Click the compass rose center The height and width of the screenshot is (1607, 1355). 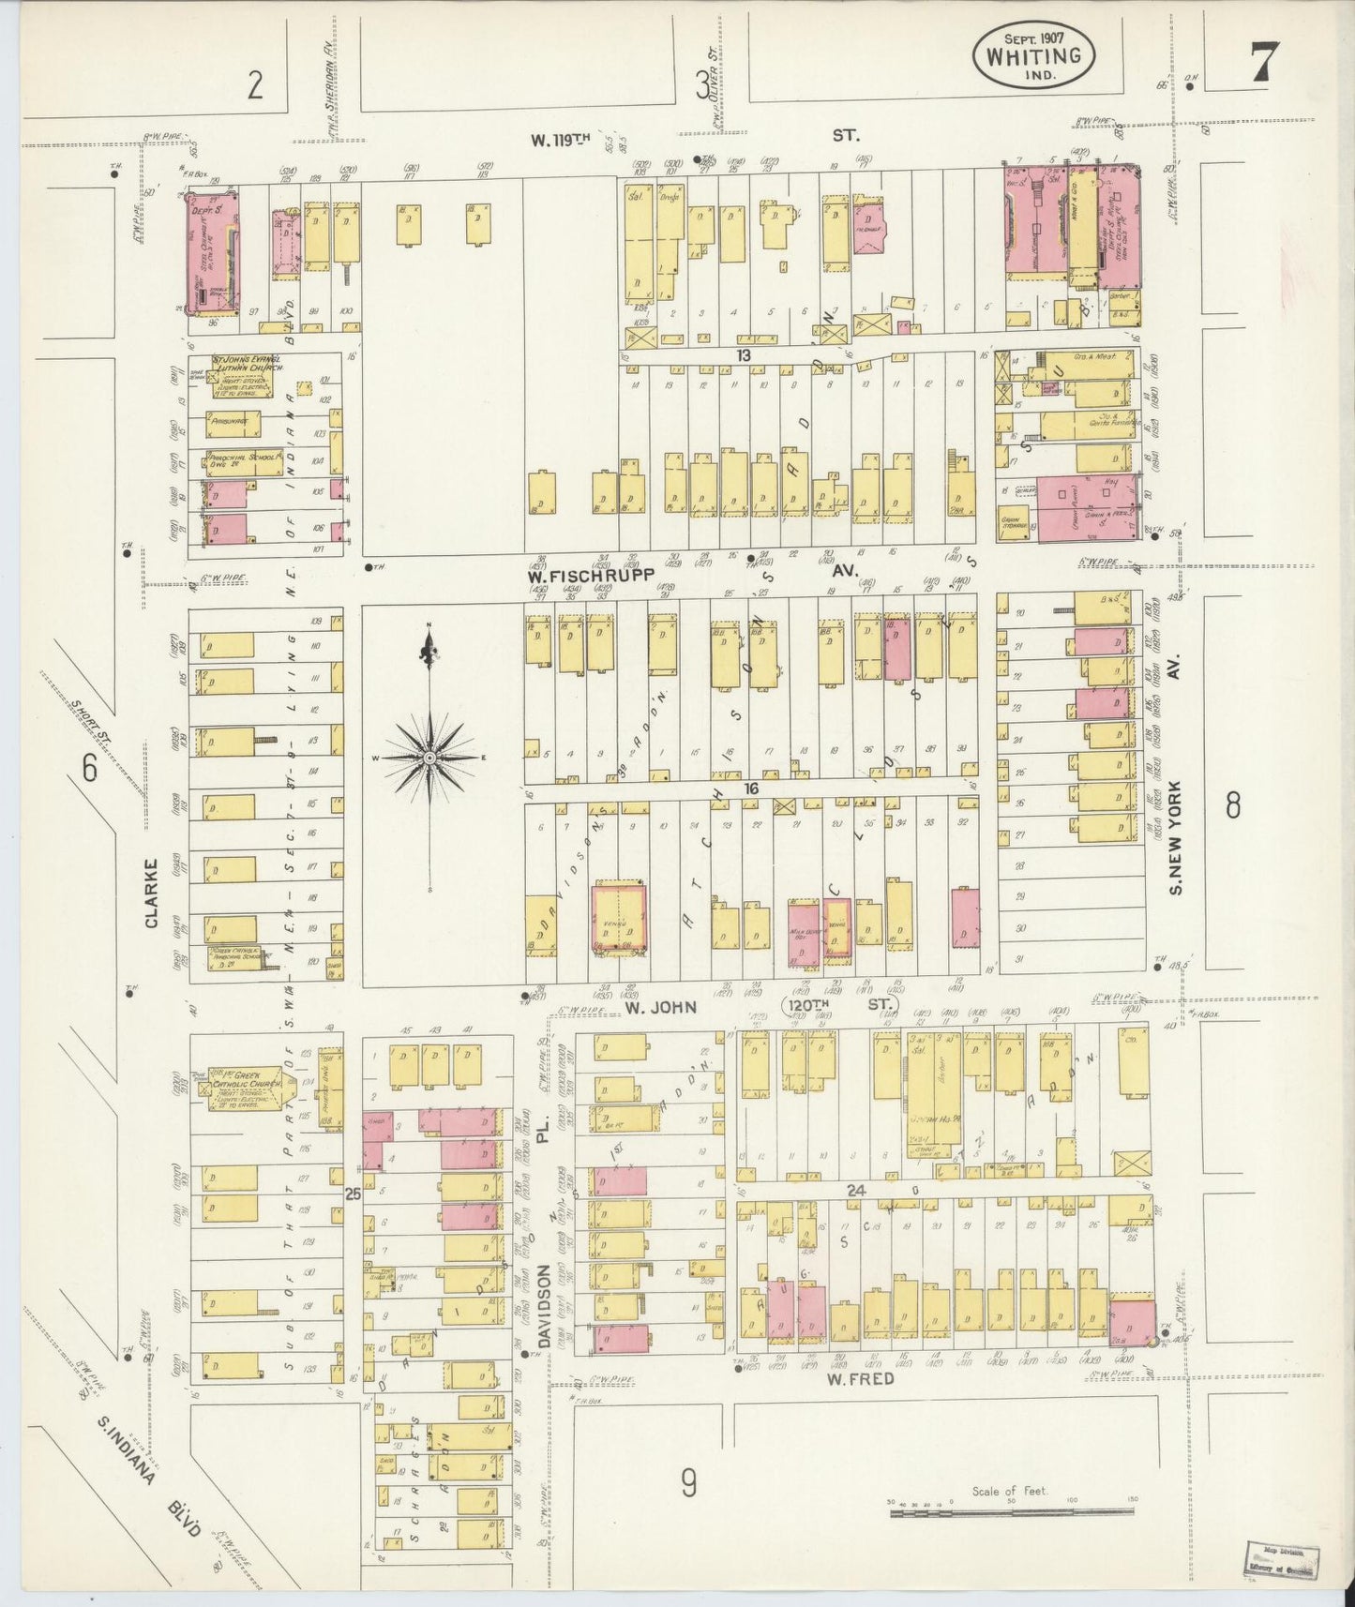(429, 757)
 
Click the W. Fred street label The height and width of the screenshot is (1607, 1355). (860, 1379)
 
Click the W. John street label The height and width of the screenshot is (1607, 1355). (661, 1007)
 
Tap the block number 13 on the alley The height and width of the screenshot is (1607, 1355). (744, 355)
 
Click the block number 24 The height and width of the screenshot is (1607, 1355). (854, 1189)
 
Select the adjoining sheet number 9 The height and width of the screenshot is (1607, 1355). (689, 1483)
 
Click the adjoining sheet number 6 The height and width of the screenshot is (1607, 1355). (89, 769)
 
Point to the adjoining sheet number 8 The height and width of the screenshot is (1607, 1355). (1232, 804)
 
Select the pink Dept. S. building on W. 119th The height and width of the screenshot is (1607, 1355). (211, 248)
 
